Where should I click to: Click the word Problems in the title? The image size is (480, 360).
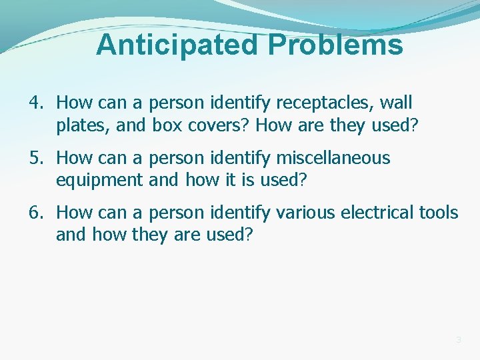pyautogui.click(x=336, y=45)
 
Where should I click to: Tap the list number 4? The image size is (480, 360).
pyautogui.click(x=35, y=103)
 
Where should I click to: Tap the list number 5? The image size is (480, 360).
pyautogui.click(x=35, y=159)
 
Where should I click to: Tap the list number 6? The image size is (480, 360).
pyautogui.click(x=35, y=213)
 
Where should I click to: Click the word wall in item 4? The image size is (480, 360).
pyautogui.click(x=397, y=103)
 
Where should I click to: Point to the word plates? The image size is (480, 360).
pyautogui.click(x=78, y=125)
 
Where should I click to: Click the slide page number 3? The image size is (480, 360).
pyautogui.click(x=458, y=341)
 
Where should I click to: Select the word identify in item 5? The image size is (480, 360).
pyautogui.click(x=237, y=159)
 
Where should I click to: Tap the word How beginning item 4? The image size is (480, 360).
pyautogui.click(x=71, y=103)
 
